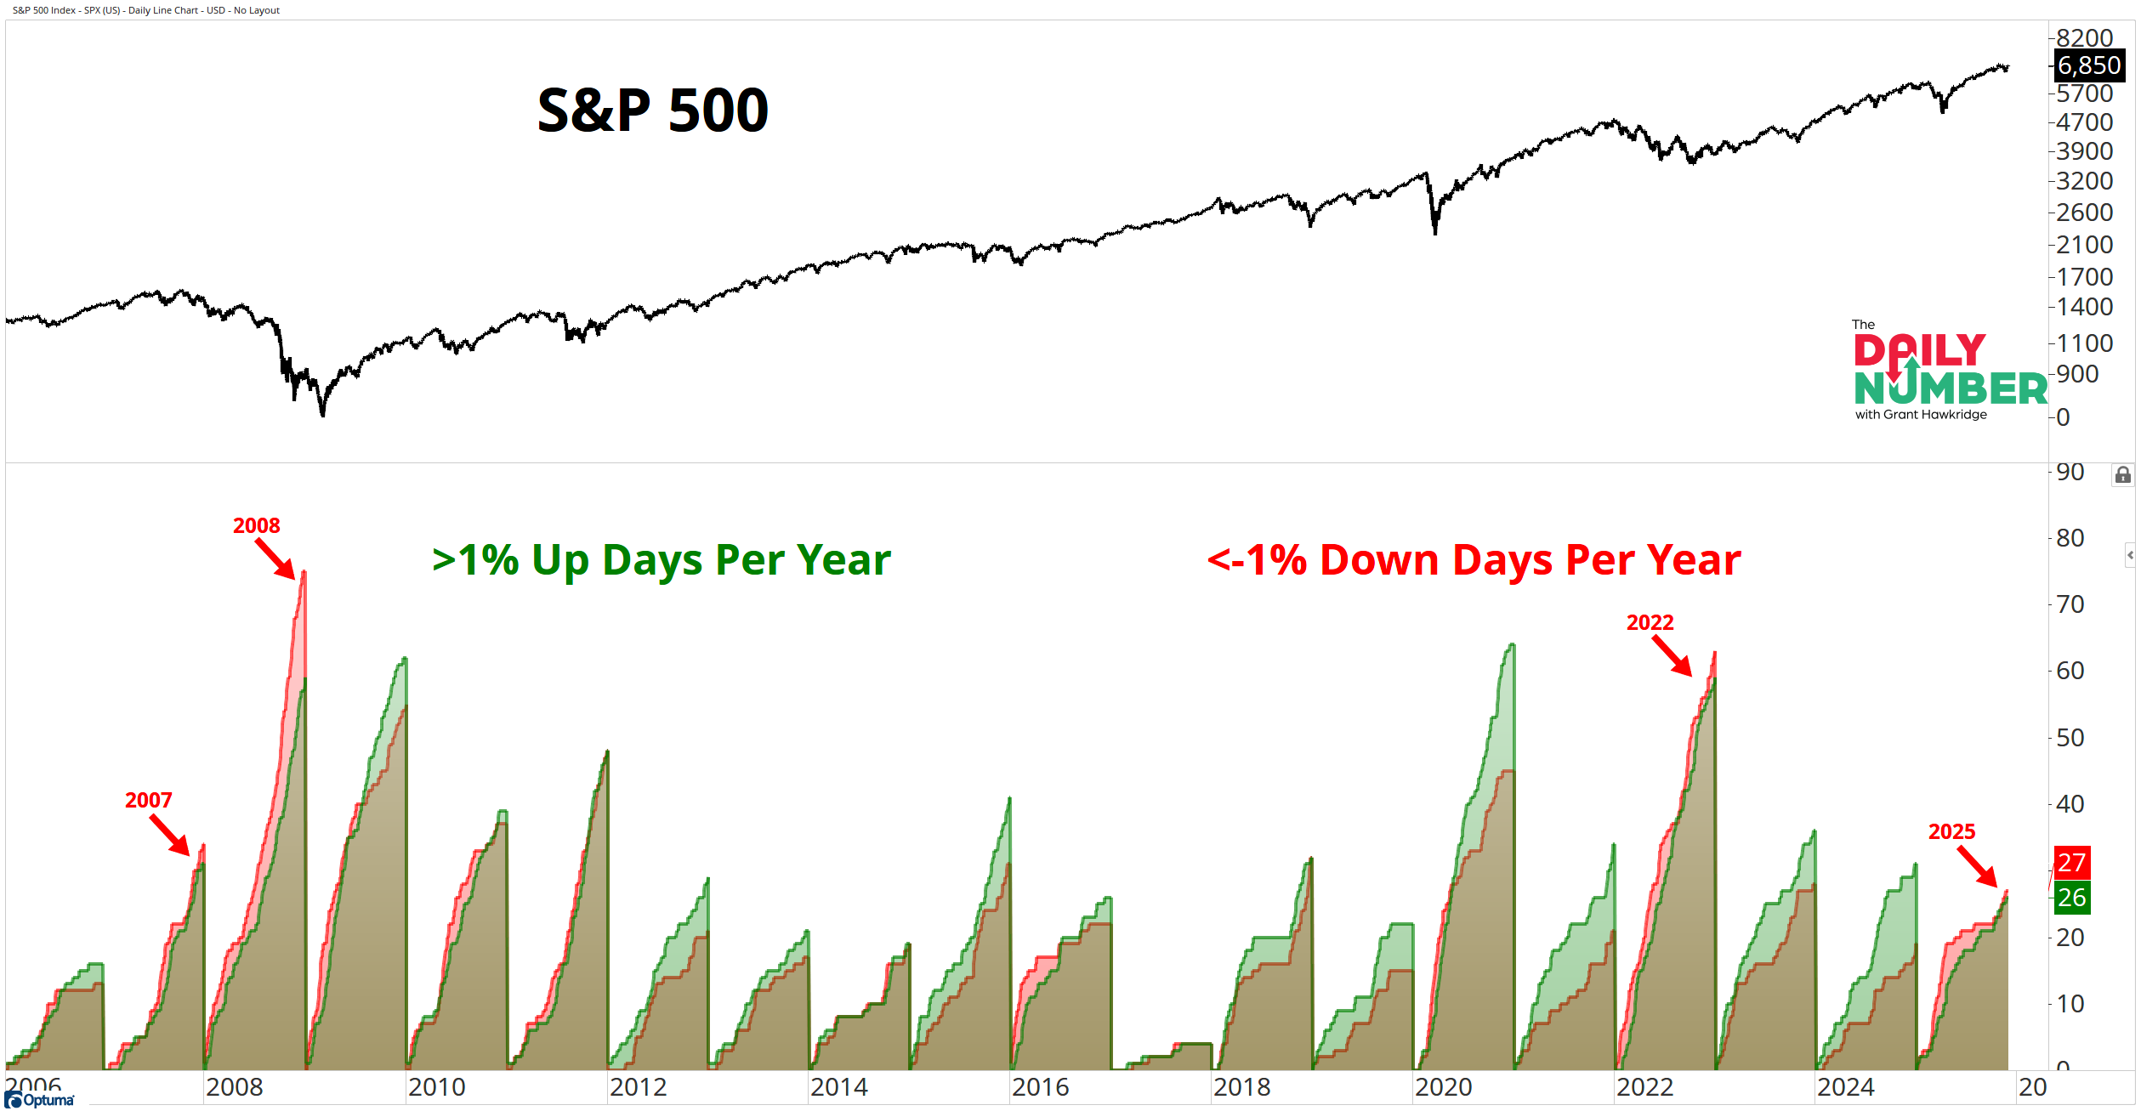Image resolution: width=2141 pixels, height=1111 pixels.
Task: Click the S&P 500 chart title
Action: (653, 111)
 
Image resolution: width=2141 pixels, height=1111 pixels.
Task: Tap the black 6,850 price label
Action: (2088, 65)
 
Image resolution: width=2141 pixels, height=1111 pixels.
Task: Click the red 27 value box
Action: (2071, 863)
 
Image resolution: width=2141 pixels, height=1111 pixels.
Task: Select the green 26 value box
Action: (2071, 898)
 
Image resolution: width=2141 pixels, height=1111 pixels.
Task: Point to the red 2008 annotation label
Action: (256, 525)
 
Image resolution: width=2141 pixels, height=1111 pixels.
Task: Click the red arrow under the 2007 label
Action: (170, 835)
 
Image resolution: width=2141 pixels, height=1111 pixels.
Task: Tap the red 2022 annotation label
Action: (1650, 622)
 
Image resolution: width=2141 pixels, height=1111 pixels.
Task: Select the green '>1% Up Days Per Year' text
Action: (661, 560)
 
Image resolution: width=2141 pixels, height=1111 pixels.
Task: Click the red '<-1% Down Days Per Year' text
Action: (1474, 560)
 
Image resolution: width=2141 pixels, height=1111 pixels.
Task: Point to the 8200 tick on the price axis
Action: (2084, 38)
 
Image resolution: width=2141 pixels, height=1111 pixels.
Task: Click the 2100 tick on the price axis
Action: (2084, 245)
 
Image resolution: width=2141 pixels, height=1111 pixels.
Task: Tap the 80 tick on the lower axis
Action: (2070, 538)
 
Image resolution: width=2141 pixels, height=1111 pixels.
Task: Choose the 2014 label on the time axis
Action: (838, 1087)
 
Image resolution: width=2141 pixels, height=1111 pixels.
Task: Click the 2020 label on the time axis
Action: (1443, 1087)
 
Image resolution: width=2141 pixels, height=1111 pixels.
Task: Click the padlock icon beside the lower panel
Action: (2122, 475)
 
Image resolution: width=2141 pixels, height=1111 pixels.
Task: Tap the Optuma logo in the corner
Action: (39, 1100)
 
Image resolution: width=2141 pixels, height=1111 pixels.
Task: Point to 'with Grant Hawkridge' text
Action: (1921, 415)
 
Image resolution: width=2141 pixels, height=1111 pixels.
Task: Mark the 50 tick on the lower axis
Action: (2070, 738)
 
